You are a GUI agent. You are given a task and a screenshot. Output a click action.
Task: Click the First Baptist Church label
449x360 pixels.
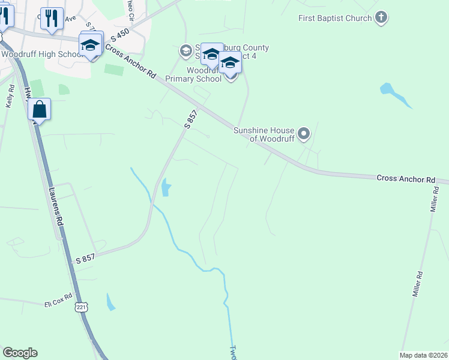click(335, 18)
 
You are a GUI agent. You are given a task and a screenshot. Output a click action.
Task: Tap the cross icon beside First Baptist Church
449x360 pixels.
click(381, 18)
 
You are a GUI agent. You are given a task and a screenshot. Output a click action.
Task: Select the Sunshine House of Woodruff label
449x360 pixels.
click(264, 134)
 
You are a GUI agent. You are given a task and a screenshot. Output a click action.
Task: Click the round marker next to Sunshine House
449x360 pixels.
click(304, 134)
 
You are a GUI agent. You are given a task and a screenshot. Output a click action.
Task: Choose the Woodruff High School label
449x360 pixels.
click(41, 54)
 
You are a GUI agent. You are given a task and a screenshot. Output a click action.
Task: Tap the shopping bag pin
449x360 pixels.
click(40, 110)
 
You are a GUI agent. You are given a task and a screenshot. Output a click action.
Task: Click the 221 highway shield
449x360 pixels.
click(81, 307)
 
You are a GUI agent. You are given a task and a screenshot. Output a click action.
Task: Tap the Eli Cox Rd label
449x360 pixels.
click(58, 300)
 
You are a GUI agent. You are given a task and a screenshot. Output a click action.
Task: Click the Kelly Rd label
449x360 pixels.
click(10, 95)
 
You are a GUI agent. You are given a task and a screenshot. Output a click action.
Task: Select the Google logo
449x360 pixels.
click(20, 353)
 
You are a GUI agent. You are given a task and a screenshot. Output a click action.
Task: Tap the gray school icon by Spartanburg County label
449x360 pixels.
click(185, 51)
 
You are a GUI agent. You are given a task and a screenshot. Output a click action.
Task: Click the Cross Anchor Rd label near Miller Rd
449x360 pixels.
click(405, 179)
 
